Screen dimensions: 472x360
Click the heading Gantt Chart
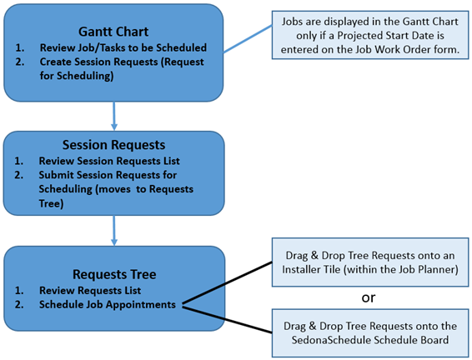click(113, 32)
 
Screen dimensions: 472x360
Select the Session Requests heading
click(113, 145)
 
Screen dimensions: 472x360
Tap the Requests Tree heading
click(114, 274)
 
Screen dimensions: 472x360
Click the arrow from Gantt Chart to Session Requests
click(113, 116)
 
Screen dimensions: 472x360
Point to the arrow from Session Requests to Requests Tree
click(113, 230)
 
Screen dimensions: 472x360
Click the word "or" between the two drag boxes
click(369, 297)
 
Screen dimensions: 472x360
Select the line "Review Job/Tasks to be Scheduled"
click(123, 47)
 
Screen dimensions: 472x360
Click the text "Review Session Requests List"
click(109, 161)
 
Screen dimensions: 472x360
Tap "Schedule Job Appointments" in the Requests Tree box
click(108, 304)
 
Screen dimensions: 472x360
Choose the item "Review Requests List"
click(90, 291)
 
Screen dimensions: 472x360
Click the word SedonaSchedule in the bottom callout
click(331, 340)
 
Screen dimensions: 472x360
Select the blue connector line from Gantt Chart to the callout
click(248, 39)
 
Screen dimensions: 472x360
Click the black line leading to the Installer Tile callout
click(227, 283)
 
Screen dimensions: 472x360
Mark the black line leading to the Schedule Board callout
click(227, 320)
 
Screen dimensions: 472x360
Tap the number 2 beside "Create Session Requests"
click(20, 62)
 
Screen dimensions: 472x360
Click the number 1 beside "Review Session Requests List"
click(18, 161)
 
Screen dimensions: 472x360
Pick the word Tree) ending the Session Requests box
click(51, 203)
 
